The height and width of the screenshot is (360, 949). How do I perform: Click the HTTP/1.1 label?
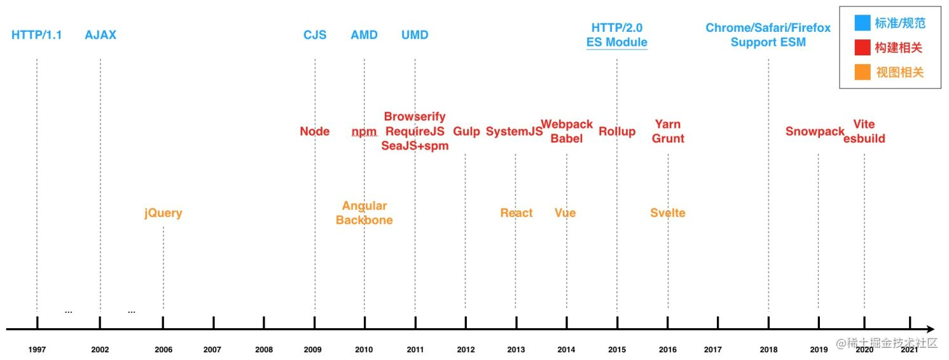[37, 35]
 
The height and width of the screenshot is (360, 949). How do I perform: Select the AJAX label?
[100, 35]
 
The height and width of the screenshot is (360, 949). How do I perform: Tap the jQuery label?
[163, 213]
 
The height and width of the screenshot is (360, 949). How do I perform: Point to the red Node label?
[315, 132]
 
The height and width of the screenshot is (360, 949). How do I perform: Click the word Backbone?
[364, 220]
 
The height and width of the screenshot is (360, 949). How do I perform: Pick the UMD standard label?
[415, 35]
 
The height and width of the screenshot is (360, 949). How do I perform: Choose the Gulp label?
[466, 132]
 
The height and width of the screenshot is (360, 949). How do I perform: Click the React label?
[516, 213]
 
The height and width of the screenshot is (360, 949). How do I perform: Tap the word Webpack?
[567, 124]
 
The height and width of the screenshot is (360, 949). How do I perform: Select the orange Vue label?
[565, 213]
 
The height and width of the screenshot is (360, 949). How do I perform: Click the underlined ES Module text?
[617, 43]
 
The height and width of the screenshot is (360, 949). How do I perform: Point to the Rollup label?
[617, 132]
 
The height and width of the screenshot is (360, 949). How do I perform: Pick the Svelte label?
[668, 213]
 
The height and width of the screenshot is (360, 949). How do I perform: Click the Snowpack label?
[815, 132]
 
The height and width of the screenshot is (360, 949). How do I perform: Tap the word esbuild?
[864, 139]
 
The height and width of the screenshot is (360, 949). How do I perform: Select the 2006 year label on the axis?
[163, 349]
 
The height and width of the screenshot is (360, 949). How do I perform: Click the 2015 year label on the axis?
[616, 349]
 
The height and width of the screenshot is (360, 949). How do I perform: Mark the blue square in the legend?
[862, 24]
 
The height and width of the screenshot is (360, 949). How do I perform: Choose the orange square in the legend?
[862, 73]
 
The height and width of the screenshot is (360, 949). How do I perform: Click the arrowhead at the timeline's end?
[931, 329]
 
